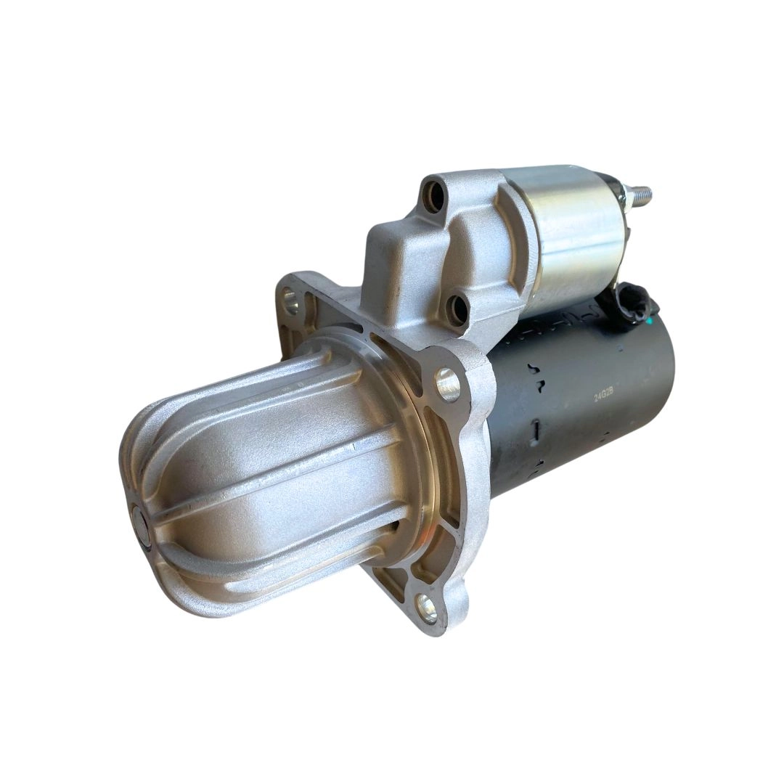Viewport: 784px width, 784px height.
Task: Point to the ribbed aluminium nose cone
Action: (x=269, y=472)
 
